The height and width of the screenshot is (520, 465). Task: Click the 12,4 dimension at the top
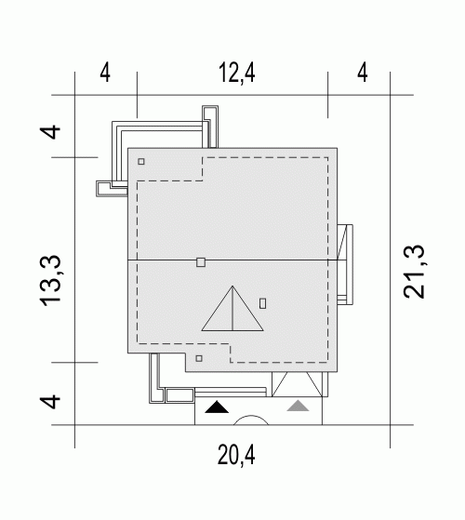tap(237, 73)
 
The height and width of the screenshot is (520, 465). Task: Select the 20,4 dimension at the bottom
tap(236, 455)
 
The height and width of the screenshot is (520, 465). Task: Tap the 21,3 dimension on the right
tap(414, 272)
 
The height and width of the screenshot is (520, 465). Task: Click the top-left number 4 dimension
tap(105, 73)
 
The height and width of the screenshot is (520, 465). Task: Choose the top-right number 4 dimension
tap(363, 73)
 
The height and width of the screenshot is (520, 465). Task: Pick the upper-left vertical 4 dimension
tap(51, 132)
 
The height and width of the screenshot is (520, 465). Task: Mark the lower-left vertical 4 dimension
tap(51, 401)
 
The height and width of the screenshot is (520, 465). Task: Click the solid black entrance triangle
tap(217, 408)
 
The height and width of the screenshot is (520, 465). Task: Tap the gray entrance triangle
tap(298, 407)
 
